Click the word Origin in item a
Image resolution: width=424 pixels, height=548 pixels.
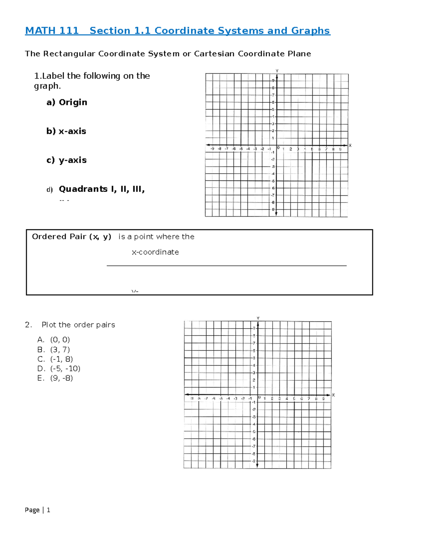click(73, 102)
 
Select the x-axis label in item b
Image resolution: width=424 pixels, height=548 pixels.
click(72, 131)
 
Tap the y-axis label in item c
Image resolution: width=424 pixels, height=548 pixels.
click(72, 160)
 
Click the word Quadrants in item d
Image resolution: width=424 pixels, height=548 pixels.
click(83, 189)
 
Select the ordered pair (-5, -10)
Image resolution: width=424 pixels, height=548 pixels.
click(65, 369)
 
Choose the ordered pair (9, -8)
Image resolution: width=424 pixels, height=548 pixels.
click(61, 378)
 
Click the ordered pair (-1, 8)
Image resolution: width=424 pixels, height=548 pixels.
click(61, 359)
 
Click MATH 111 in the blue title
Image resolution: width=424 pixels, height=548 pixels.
click(52, 31)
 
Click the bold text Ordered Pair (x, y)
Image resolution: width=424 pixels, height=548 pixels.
click(71, 237)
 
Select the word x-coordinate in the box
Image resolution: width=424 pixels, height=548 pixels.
click(155, 252)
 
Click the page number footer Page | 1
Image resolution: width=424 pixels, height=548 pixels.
click(37, 510)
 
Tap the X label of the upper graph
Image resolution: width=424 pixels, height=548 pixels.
click(350, 145)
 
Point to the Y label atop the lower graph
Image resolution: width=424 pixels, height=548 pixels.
click(258, 318)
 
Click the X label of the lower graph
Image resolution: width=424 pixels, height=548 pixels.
click(334, 395)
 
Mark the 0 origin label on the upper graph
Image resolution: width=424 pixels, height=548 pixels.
click(278, 148)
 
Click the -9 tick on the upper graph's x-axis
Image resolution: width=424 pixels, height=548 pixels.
click(212, 149)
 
